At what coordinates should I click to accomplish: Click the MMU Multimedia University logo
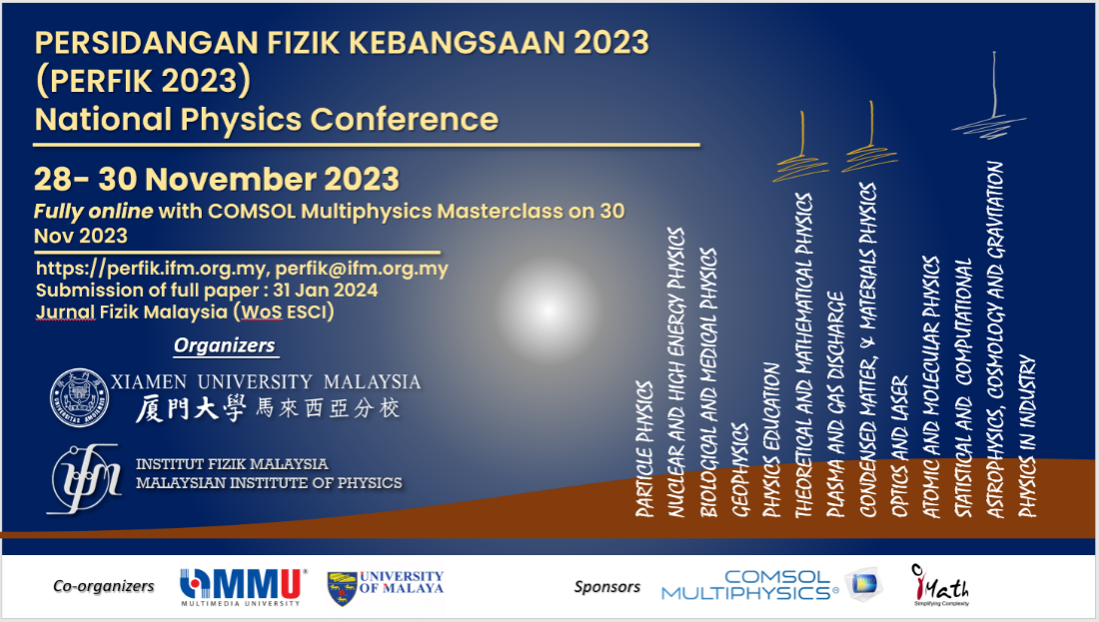tap(243, 586)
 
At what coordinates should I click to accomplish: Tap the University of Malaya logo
tap(386, 587)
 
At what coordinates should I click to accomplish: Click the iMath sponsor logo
tap(940, 585)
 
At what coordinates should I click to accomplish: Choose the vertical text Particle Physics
tap(644, 448)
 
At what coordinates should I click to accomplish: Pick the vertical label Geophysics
tap(740, 469)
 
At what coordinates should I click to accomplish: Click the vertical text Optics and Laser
tap(900, 446)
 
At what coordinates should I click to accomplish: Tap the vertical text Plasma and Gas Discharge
tap(836, 403)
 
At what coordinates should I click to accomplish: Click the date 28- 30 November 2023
tap(217, 180)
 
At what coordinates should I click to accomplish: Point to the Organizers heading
tap(224, 345)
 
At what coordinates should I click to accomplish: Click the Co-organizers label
tap(104, 586)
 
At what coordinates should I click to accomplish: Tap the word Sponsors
tap(606, 586)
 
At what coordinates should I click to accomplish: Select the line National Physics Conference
tap(266, 119)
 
